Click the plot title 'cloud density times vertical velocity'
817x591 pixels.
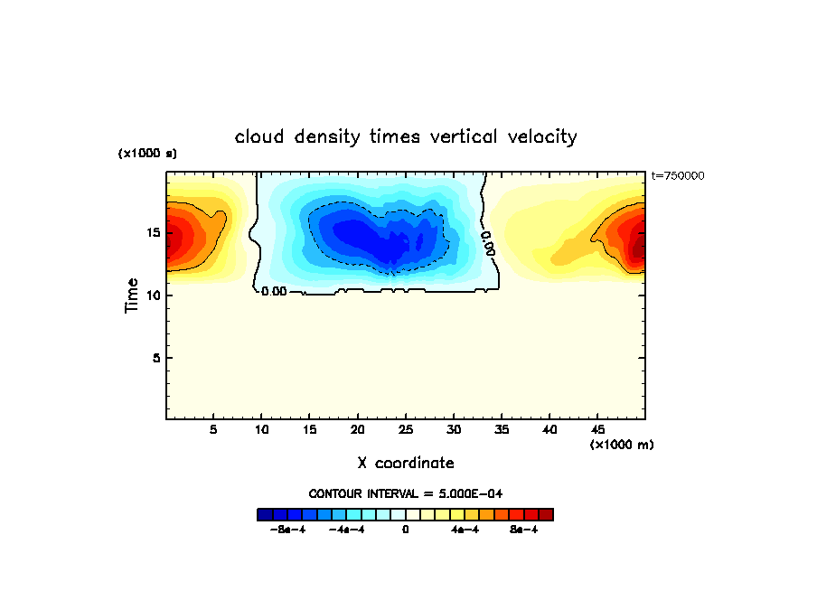[406, 137]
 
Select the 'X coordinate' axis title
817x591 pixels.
[406, 463]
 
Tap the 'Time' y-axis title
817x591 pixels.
[132, 295]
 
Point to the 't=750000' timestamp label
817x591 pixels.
[678, 175]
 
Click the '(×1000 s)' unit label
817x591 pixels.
[147, 154]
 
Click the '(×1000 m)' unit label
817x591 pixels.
[622, 445]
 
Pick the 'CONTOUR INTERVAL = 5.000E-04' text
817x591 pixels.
[406, 493]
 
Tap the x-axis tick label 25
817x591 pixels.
[406, 429]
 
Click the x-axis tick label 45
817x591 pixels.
[597, 429]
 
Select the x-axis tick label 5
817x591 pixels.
[213, 429]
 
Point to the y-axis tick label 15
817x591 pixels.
[154, 232]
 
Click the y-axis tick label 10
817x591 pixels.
[154, 295]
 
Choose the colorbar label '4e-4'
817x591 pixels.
[465, 530]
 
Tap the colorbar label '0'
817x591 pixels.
[406, 530]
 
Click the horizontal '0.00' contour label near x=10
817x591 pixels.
[274, 292]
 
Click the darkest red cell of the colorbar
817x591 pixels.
[546, 514]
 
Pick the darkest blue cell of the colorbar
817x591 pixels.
[265, 514]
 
